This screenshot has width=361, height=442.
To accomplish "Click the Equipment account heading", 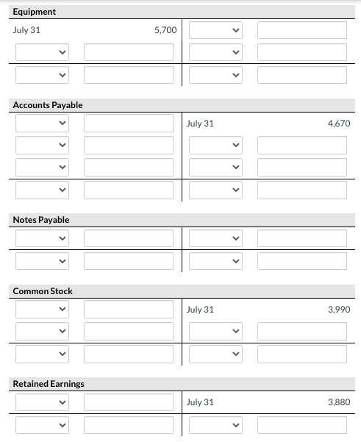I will [x=35, y=12].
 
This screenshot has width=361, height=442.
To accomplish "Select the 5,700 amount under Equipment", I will [x=165, y=30].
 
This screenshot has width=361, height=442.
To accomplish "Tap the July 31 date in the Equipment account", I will [x=27, y=30].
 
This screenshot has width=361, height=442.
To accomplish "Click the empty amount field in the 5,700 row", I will [x=301, y=31].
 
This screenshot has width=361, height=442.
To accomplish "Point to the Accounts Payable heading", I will [x=48, y=105].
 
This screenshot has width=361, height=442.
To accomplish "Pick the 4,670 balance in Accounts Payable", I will [x=338, y=124].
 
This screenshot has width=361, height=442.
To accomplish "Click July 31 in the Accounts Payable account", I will [x=200, y=124].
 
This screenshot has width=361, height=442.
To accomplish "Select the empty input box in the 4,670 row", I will [x=129, y=124].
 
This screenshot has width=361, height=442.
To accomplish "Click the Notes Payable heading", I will [x=41, y=220].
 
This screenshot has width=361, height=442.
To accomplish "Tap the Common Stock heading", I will [x=43, y=291].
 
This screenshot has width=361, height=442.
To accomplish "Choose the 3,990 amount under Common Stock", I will [x=338, y=310].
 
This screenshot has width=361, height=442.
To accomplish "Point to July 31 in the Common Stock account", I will [x=200, y=310].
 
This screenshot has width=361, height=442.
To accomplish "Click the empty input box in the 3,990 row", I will [x=129, y=310].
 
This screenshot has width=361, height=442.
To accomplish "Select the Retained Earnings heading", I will [x=49, y=384].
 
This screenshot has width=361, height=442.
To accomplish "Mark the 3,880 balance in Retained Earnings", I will [x=338, y=402].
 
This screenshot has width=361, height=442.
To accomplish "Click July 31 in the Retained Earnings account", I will [x=200, y=402].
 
